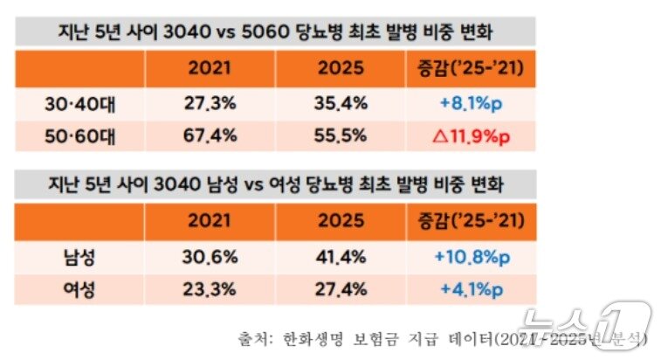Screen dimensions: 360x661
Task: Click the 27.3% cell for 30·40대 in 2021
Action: coord(210,104)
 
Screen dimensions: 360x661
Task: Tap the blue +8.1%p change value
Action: coord(472,104)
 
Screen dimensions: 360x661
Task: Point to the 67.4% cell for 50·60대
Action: coord(210,135)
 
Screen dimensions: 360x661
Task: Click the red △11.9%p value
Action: coord(472,135)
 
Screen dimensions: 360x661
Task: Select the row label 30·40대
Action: coord(80,104)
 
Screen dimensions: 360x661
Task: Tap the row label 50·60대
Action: coord(80,135)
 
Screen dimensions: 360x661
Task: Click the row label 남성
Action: coord(80,257)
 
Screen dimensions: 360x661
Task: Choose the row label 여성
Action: coord(80,287)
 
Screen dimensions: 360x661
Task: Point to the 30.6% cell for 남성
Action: coord(210,257)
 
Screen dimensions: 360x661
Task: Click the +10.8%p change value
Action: coord(472,257)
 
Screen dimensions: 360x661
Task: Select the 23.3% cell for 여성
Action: coord(210,287)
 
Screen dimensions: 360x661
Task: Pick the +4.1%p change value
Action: coord(472,287)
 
